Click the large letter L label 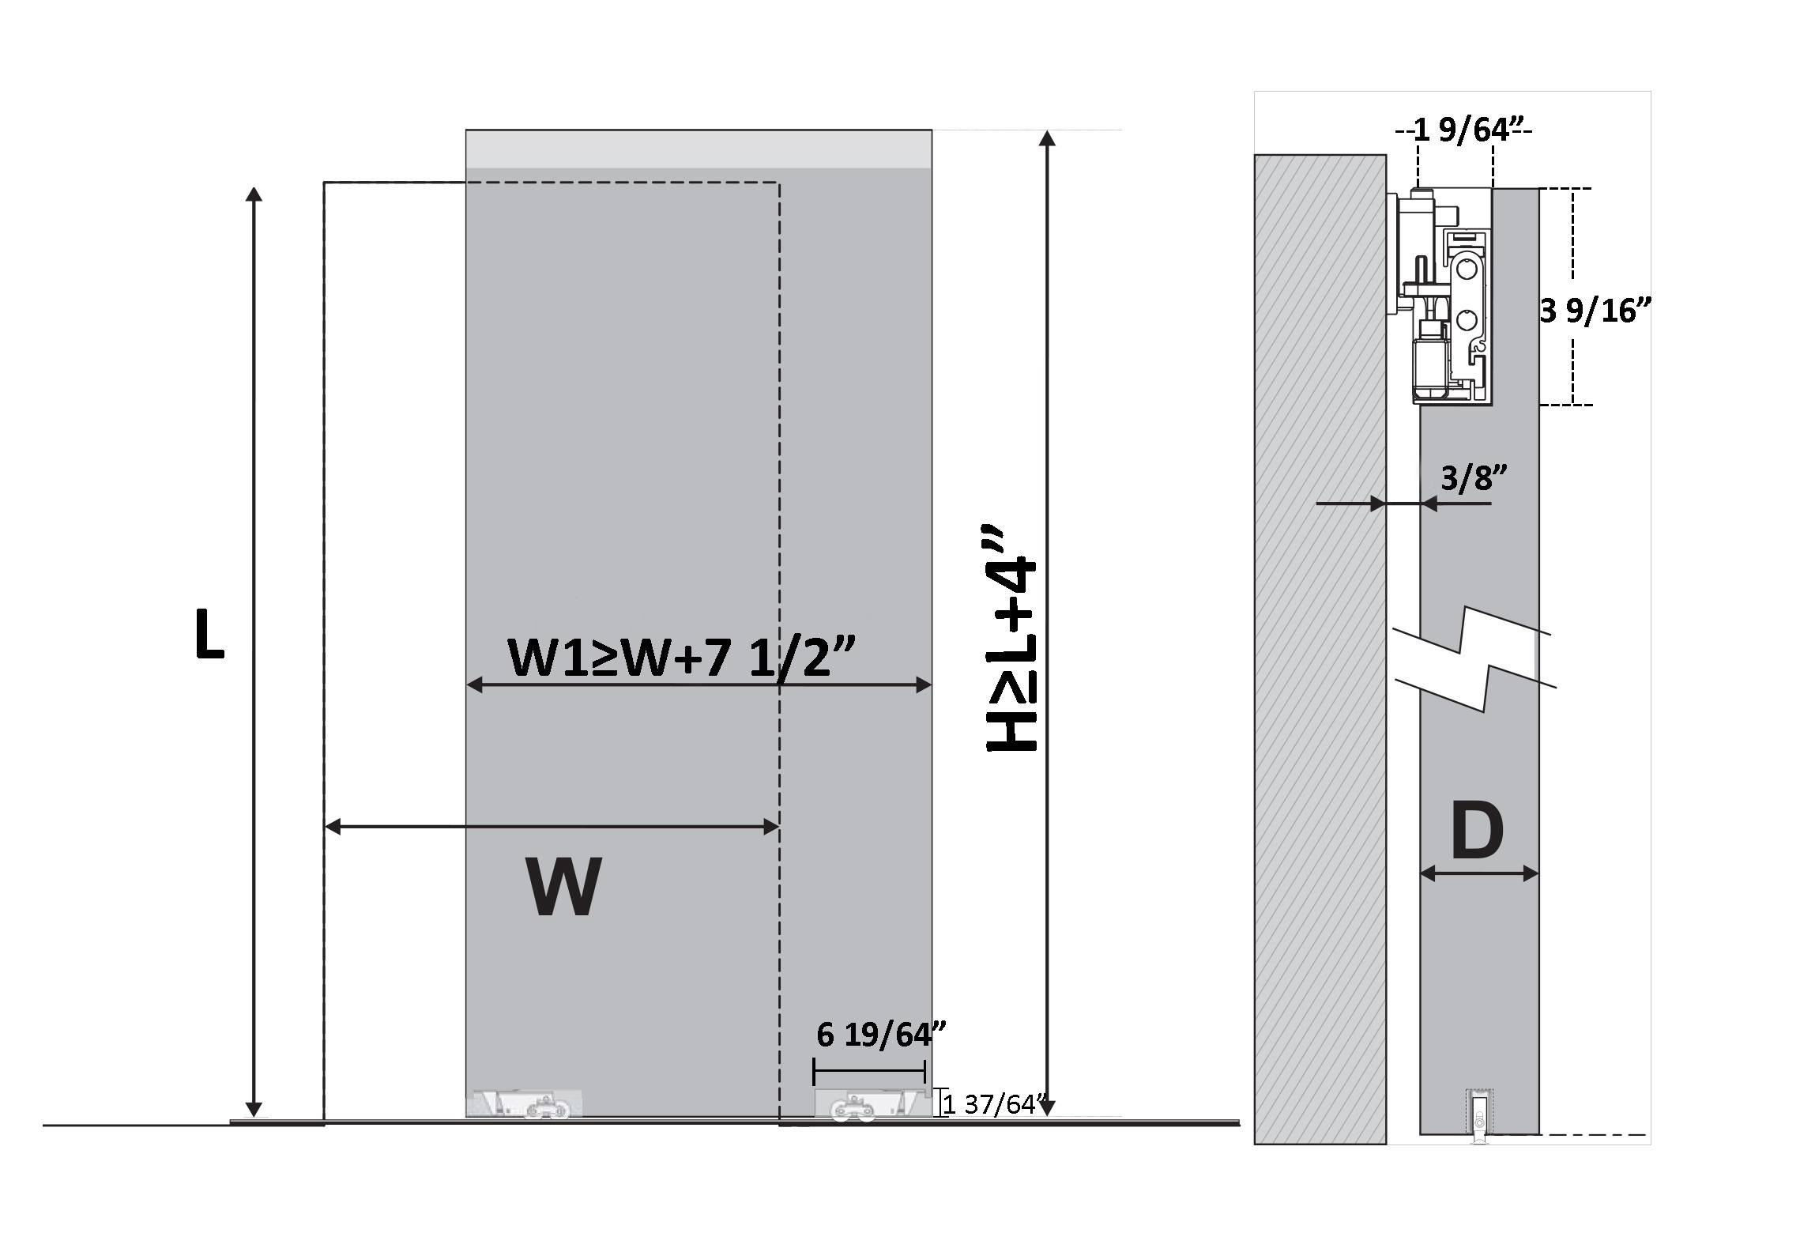click(209, 635)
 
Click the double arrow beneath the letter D click(1479, 873)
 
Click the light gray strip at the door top click(699, 149)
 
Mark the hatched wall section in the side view click(1320, 649)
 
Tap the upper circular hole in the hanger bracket click(1467, 270)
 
